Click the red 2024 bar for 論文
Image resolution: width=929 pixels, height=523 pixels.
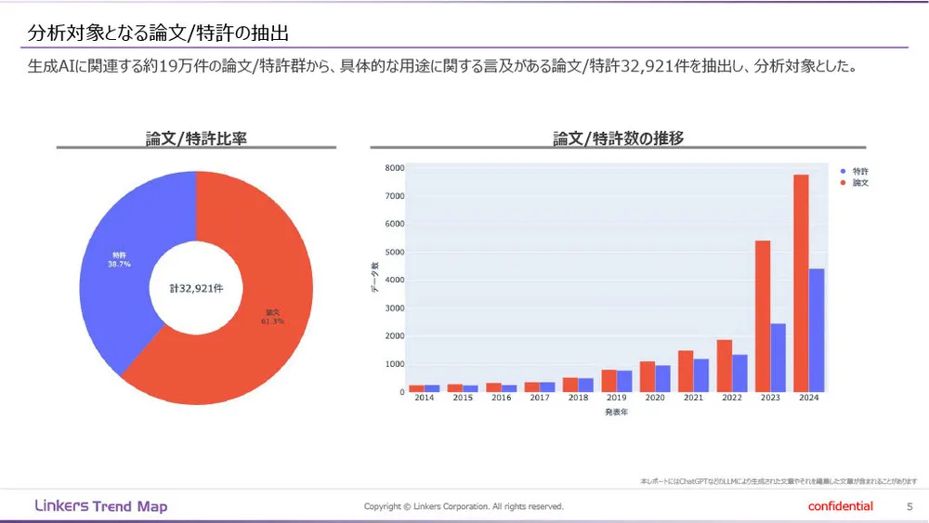pos(801,283)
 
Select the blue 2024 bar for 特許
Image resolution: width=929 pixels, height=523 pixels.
pos(817,330)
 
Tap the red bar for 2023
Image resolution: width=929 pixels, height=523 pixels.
pos(763,316)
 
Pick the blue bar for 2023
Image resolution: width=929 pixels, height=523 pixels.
pos(779,358)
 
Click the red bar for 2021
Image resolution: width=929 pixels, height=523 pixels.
pos(686,371)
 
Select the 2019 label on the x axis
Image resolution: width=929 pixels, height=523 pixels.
pos(617,399)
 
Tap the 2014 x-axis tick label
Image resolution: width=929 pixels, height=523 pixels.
pos(425,399)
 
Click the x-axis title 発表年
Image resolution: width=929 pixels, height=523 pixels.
pos(616,412)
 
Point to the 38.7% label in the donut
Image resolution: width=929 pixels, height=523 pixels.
pos(119,264)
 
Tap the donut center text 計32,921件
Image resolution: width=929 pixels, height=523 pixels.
pos(196,289)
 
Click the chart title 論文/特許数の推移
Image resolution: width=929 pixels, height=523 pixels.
pos(618,138)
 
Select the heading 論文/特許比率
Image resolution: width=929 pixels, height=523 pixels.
pos(196,138)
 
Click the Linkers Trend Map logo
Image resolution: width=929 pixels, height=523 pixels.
pos(100,506)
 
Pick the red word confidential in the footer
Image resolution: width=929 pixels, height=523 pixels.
pos(841,506)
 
